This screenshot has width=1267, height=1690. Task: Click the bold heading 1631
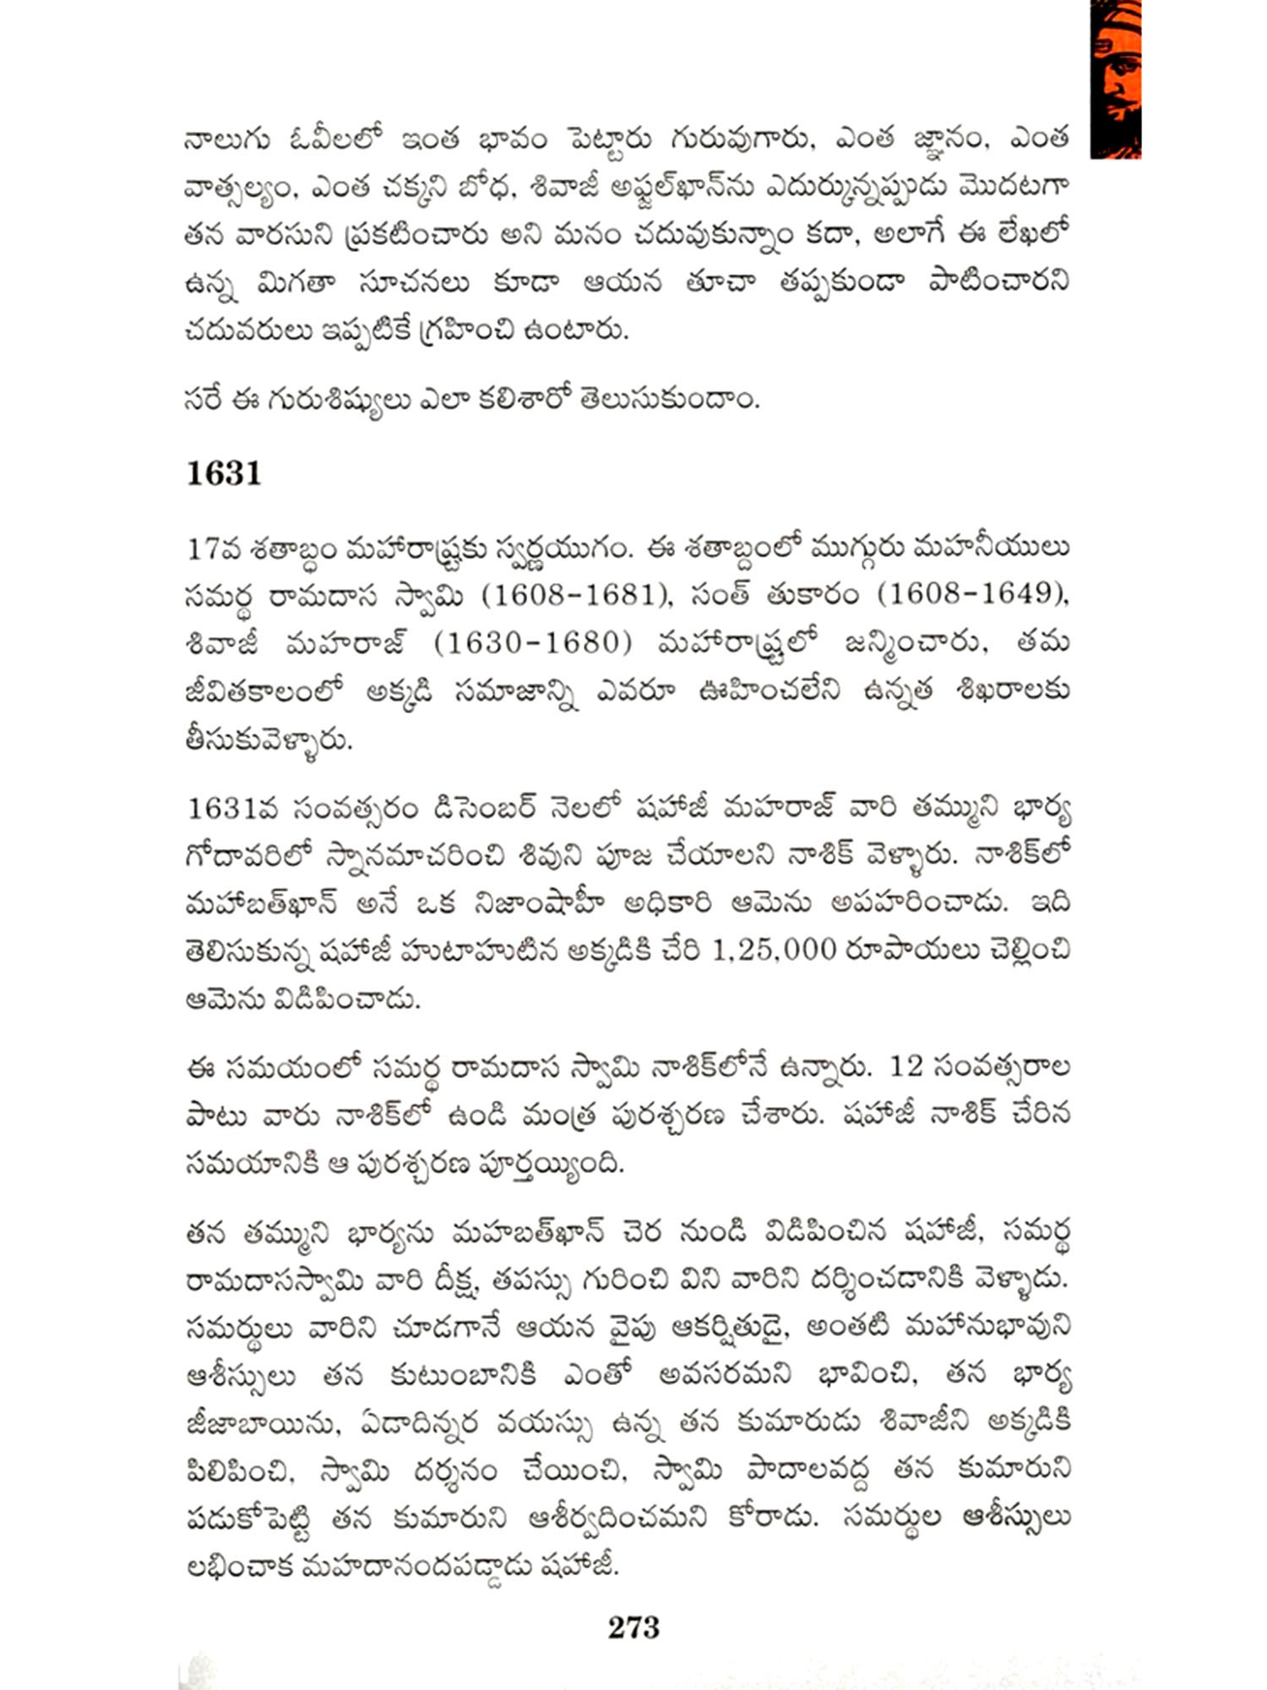[x=223, y=474]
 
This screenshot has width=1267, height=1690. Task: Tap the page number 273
[x=633, y=1627]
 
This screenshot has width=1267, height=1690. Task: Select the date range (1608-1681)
[x=570, y=596]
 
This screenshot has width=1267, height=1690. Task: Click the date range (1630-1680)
[x=532, y=644]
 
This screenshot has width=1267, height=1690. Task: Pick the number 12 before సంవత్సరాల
[x=905, y=1067]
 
